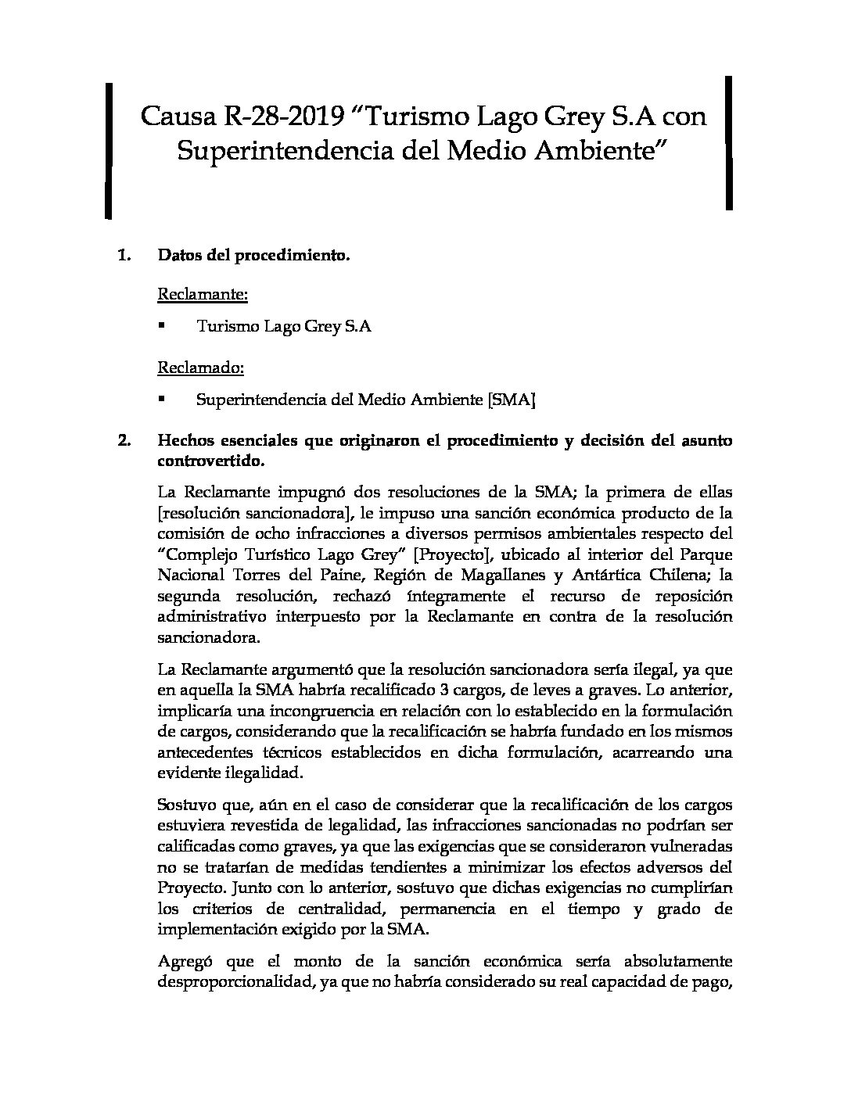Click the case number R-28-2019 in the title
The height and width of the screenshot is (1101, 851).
tap(285, 117)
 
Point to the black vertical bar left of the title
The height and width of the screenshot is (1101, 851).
tap(109, 149)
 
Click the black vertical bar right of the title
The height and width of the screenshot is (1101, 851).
tap(728, 142)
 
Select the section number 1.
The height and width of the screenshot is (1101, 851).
tap(123, 255)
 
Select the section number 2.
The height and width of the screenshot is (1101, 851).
tap(123, 441)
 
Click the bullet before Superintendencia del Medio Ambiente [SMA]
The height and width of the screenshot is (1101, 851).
tap(162, 399)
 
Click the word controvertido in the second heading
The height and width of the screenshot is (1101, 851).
tap(211, 461)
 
